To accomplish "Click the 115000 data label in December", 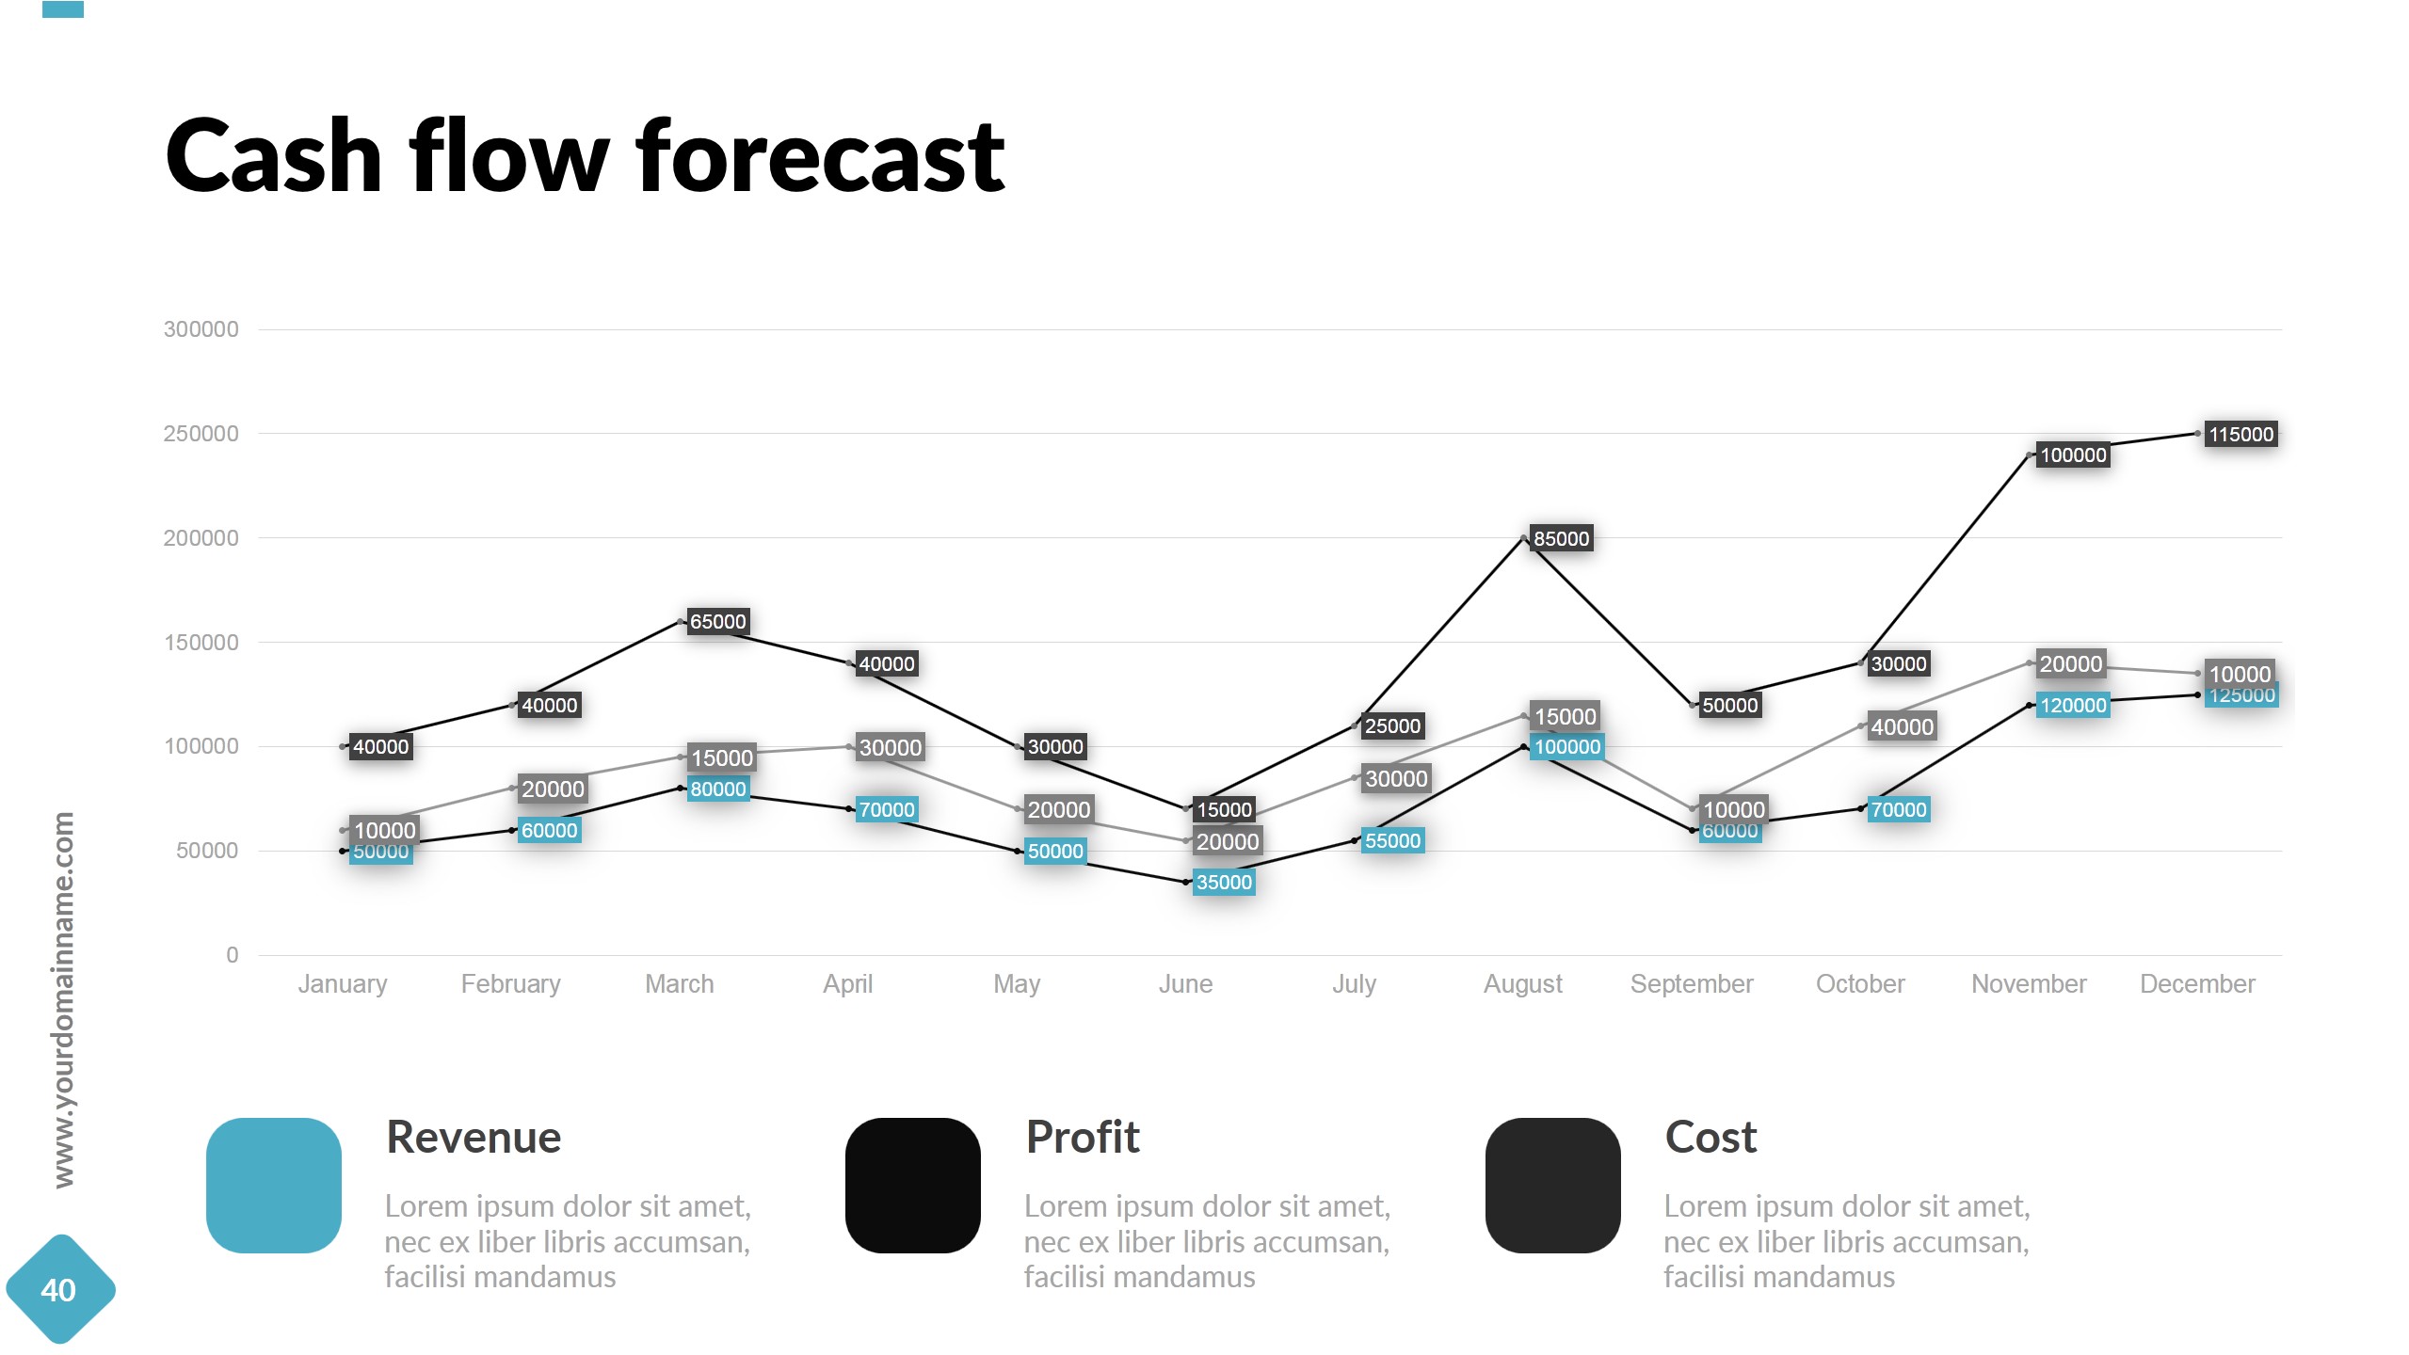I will tap(2240, 435).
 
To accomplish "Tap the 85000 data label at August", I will tap(1561, 539).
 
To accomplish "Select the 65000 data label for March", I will tap(717, 622).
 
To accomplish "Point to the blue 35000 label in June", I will tap(1223, 883).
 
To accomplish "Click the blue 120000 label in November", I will tap(2073, 706).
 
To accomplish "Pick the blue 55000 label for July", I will tap(1392, 841).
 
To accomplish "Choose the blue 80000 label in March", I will tap(717, 789).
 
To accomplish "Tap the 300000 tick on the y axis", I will tap(201, 329).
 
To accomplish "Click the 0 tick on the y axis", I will tap(232, 955).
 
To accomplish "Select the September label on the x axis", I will tap(1692, 984).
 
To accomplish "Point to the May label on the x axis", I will tap(1017, 984).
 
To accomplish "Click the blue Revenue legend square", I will tap(274, 1186).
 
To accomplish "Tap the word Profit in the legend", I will tap(1083, 1138).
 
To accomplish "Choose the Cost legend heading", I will tap(1710, 1138).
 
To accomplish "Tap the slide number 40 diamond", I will tap(59, 1290).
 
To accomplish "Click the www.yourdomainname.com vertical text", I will tap(63, 999).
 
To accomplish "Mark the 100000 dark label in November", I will tap(2073, 455).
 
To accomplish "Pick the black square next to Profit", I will tap(913, 1186).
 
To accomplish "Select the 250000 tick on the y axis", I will tap(201, 434).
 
